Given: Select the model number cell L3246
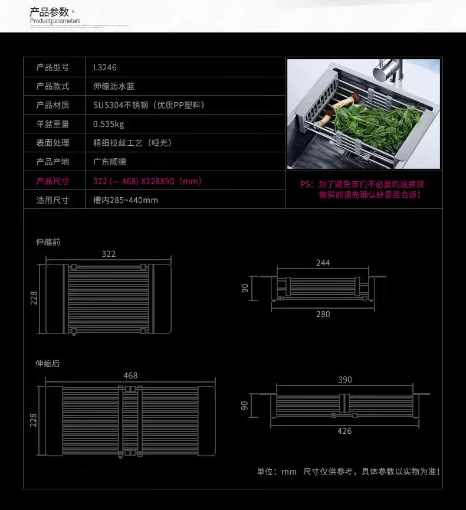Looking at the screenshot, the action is [x=105, y=67].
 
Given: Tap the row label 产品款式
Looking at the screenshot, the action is [x=52, y=86].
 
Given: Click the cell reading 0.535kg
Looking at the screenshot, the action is [x=109, y=124].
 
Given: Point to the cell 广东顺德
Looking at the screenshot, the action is [x=110, y=162].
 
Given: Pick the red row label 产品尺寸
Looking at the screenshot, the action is [x=52, y=181].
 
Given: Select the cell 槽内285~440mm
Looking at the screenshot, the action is [x=126, y=200].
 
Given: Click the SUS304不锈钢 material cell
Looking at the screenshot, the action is [x=149, y=105].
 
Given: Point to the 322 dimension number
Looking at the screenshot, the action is [x=109, y=254].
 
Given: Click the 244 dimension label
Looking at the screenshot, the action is [x=323, y=263].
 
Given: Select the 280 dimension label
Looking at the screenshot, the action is [x=323, y=314].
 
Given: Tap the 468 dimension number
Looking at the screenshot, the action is [x=130, y=375].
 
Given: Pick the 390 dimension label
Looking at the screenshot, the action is [x=345, y=380].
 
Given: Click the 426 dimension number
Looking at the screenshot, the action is [x=344, y=431].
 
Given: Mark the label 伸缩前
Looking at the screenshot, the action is [x=48, y=242].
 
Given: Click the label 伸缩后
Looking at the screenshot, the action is [x=48, y=364].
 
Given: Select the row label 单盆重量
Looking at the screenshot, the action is [x=52, y=124].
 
